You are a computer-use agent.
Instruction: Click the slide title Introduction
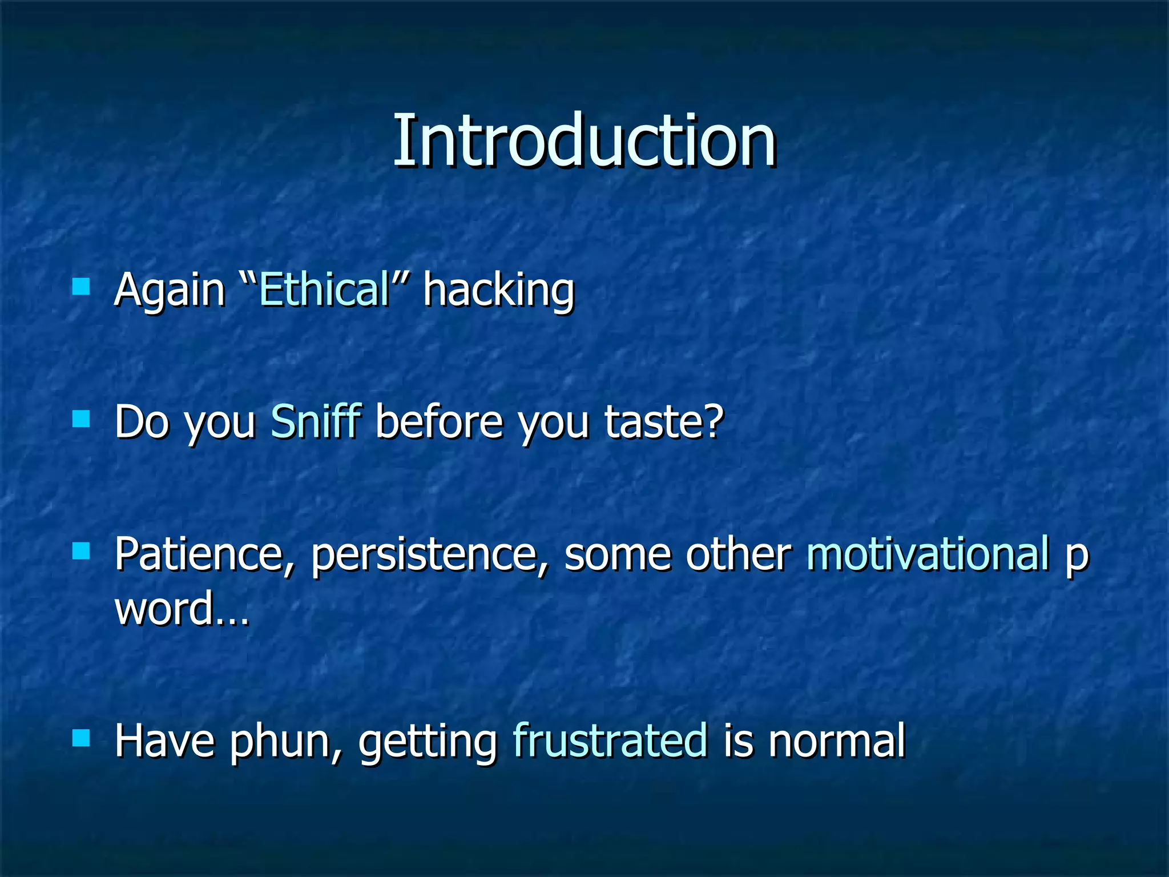tap(584, 142)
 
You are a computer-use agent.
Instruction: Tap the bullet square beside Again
tap(82, 286)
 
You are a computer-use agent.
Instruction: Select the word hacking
tap(498, 291)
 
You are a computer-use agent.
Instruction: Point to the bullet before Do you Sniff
tap(82, 419)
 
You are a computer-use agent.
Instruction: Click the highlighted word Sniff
tap(316, 421)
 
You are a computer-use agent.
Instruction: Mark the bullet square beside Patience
tap(82, 551)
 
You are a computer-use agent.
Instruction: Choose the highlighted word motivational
tap(928, 554)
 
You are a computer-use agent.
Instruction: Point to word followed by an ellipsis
tap(182, 609)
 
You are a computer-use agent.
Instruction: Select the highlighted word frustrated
tap(610, 741)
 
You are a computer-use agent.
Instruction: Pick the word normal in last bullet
tap(836, 741)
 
